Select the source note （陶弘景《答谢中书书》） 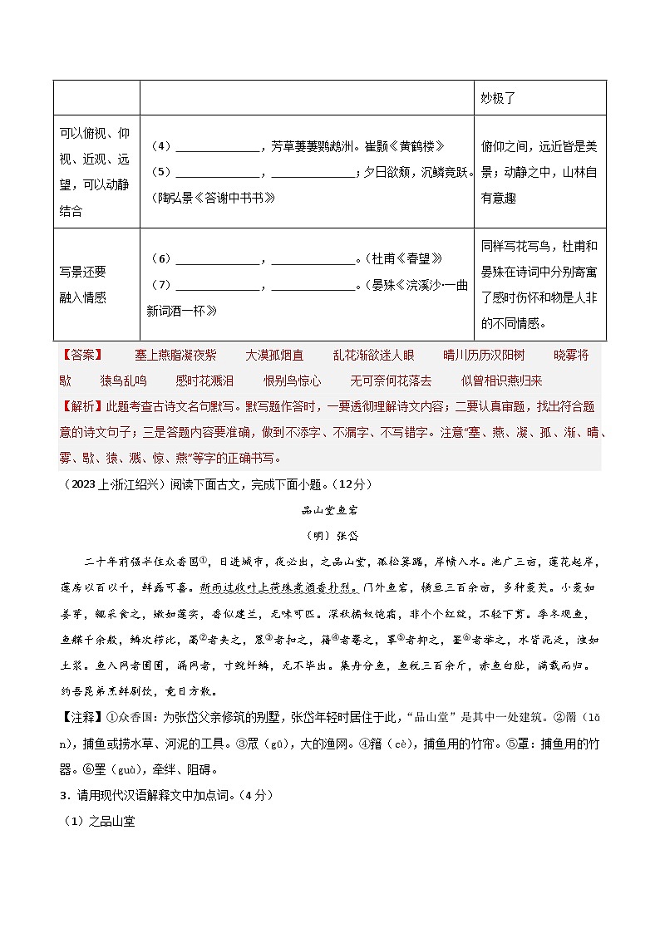(x=210, y=198)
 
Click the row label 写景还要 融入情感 (x=83, y=285)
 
